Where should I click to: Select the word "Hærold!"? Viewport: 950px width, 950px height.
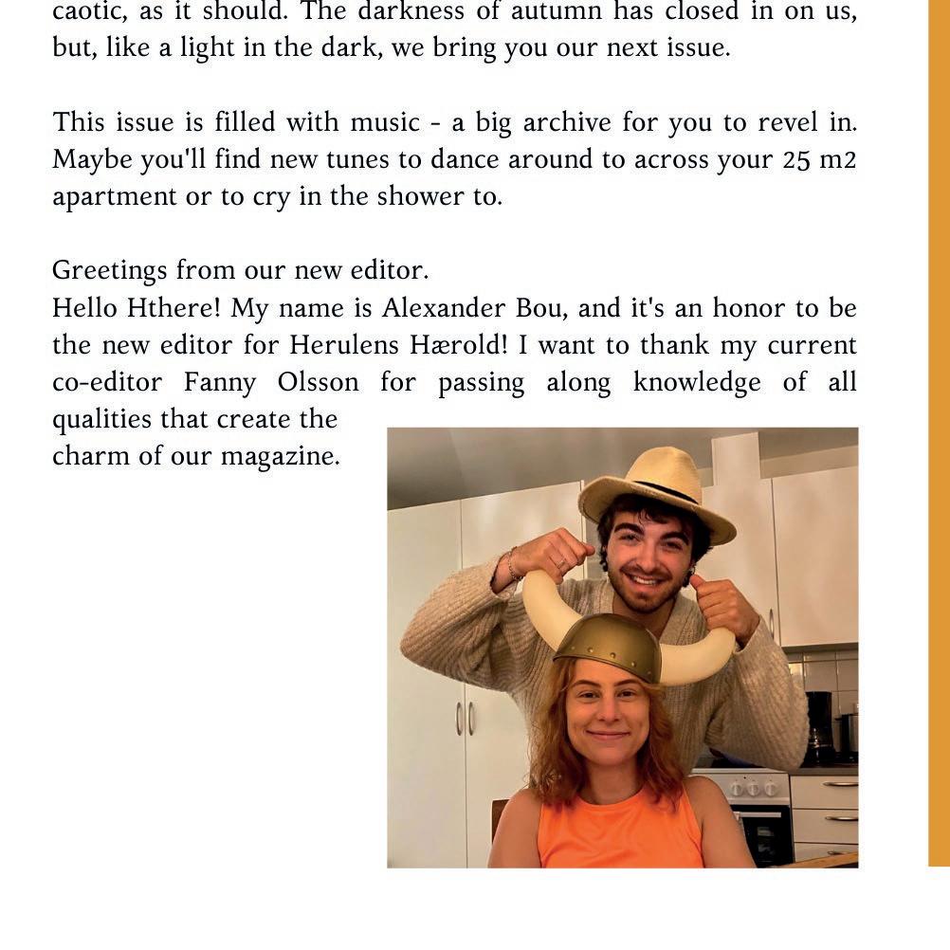pos(455,345)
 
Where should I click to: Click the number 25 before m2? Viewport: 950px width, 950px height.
pos(796,159)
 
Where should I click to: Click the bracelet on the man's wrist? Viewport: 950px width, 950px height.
pos(513,566)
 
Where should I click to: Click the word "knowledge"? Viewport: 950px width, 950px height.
pos(696,382)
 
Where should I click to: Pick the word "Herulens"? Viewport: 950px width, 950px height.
pos(333,345)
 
